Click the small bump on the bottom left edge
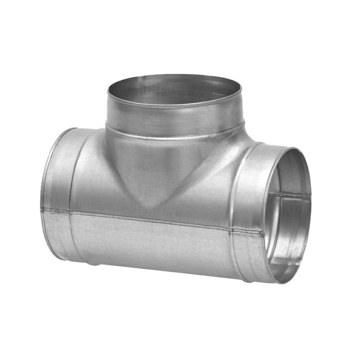coord(91,263)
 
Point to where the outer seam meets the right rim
coord(264,234)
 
